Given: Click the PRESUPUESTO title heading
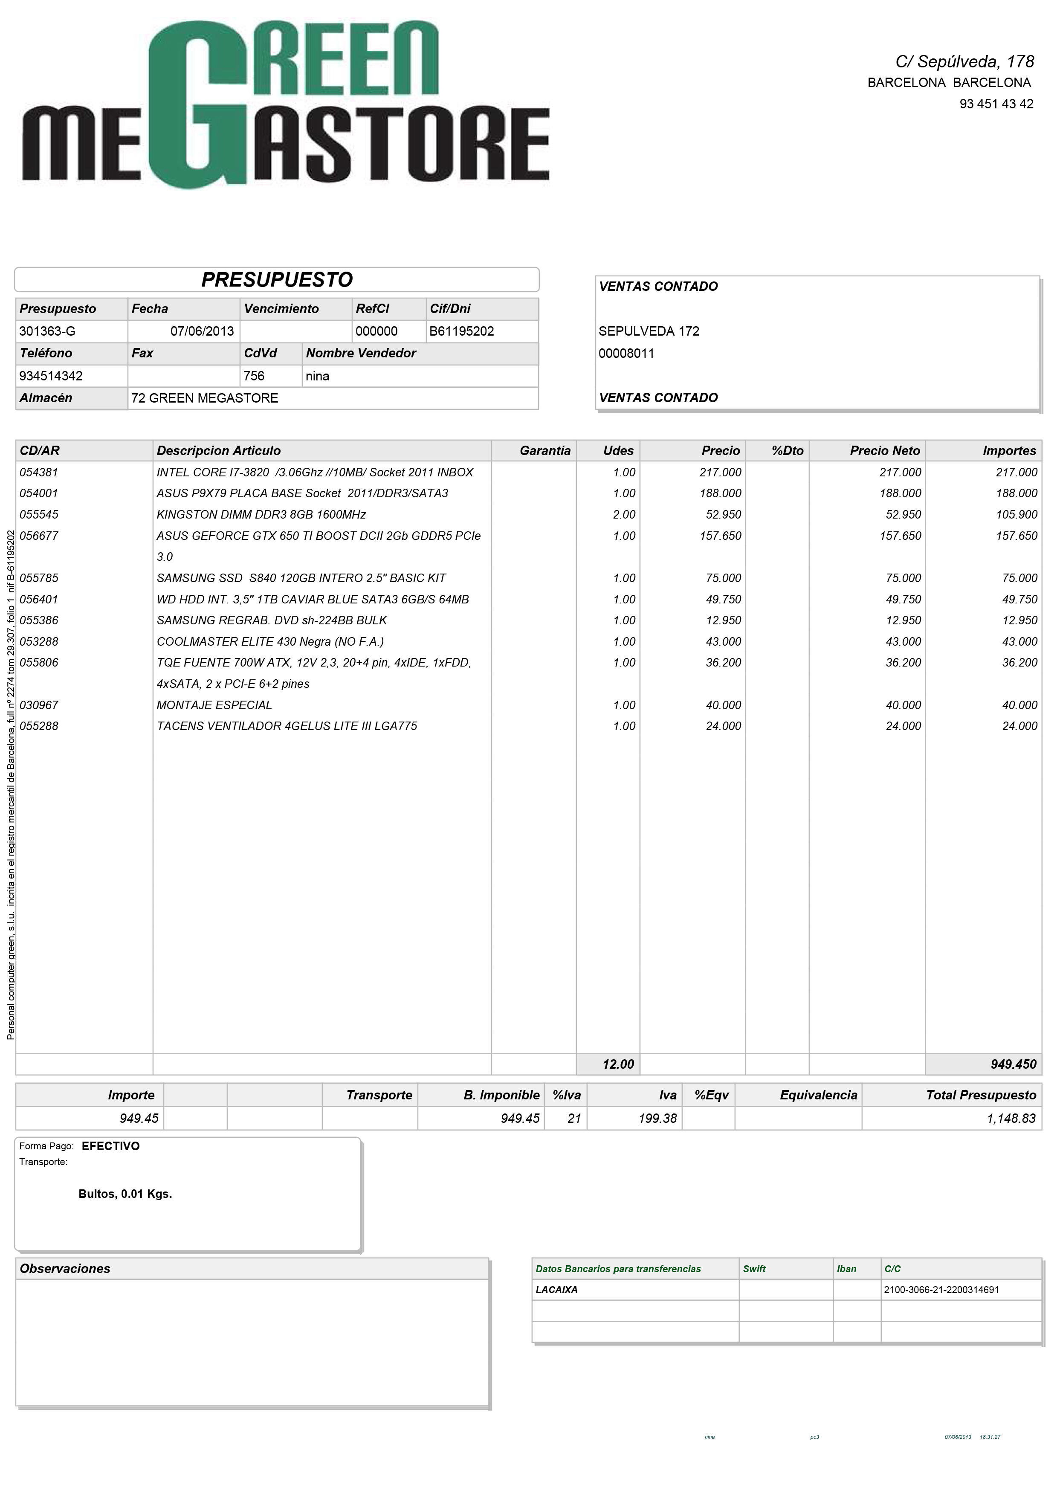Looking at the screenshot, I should point(277,279).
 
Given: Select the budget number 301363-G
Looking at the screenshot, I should point(48,331).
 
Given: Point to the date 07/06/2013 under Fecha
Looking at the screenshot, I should point(202,331).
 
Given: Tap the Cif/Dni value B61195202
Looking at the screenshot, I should point(461,331).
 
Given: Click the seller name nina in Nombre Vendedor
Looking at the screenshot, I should point(317,376).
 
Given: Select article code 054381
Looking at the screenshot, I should point(39,473).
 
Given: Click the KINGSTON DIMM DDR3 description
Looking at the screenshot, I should point(261,515).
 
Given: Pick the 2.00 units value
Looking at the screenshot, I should point(624,515).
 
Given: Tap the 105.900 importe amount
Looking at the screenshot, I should point(1016,515).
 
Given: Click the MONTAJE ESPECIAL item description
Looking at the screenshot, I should point(214,705).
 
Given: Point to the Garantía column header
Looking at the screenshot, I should point(545,451).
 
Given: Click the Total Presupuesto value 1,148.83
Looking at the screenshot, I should point(1011,1118).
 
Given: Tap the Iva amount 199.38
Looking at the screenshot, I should point(658,1118).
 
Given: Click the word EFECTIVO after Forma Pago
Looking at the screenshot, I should point(111,1146).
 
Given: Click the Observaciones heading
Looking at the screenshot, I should point(65,1269).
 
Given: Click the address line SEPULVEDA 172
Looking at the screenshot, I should point(649,331).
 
